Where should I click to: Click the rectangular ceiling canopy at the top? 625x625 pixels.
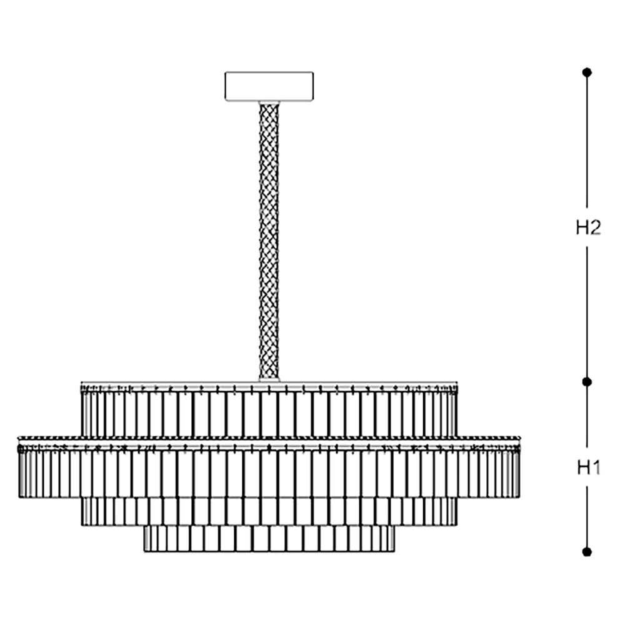pos(269,86)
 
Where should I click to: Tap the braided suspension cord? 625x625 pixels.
pos(269,237)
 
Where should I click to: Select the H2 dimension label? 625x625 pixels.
pos(587,228)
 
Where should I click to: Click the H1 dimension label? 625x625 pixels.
pos(587,467)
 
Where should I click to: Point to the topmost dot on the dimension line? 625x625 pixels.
pos(586,72)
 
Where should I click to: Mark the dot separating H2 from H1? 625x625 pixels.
pos(586,381)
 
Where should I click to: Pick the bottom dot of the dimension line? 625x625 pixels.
pos(586,551)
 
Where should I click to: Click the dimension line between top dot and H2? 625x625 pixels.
pos(586,144)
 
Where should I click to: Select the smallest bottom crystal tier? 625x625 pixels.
pos(269,539)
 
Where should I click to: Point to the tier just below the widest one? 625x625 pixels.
pos(269,511)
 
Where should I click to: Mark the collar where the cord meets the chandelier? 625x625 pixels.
pos(269,378)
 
